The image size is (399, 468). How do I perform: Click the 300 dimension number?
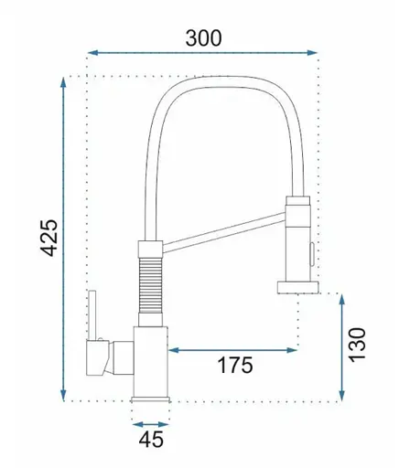coord(203,38)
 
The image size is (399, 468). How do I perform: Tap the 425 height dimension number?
coord(49,238)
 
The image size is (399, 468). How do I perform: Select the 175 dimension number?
coord(235,365)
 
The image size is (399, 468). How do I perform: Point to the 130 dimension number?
coord(357,346)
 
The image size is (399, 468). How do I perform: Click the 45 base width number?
coord(151,440)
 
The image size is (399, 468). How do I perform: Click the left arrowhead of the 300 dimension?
coord(92,53)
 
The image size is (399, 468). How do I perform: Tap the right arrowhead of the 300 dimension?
coord(312,53)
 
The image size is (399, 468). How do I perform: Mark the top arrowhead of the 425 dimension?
coord(63,82)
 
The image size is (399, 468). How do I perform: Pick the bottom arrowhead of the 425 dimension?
coord(63,396)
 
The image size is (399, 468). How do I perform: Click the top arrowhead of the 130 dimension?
coord(342,300)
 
